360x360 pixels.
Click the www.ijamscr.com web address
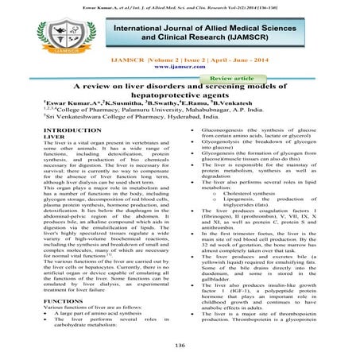[x=180, y=68]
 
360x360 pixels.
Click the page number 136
[x=180, y=345]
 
